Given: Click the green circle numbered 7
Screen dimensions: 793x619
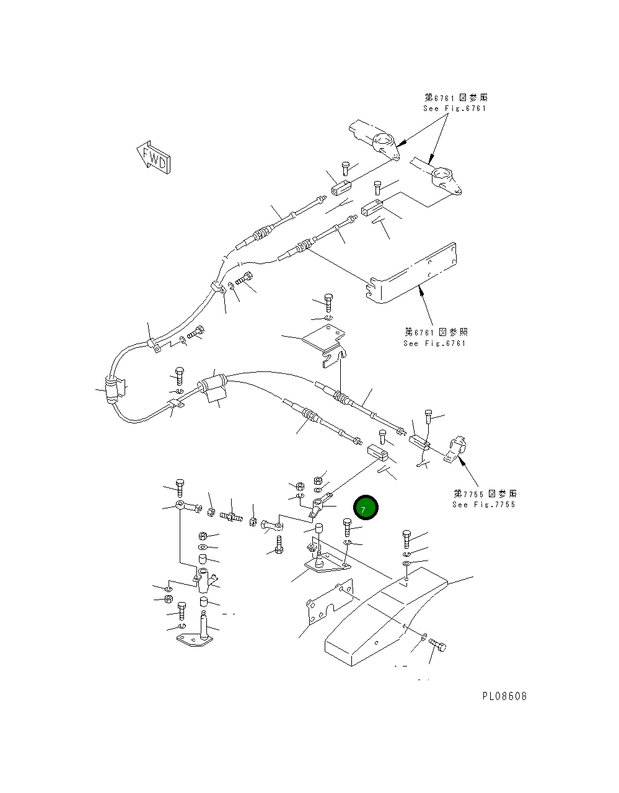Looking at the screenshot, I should (x=365, y=508).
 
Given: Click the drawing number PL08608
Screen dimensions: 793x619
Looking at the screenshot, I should (x=504, y=696).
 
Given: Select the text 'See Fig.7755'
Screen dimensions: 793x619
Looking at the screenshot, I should (x=483, y=504).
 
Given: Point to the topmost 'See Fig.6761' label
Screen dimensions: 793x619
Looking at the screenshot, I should (x=455, y=108).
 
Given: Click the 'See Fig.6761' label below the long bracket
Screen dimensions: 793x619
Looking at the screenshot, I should (x=434, y=343).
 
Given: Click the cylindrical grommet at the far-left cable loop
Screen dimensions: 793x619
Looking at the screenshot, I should (x=112, y=391).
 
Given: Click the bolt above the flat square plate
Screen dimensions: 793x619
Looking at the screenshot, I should (x=328, y=303).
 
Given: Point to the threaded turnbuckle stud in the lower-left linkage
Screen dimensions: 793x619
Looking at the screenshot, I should (x=230, y=515).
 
